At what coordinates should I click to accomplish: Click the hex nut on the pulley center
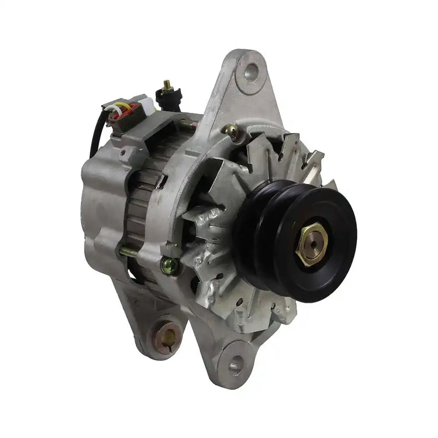tap(311, 244)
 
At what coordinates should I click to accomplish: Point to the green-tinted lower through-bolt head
tap(170, 266)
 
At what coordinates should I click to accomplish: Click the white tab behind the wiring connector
tap(145, 101)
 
